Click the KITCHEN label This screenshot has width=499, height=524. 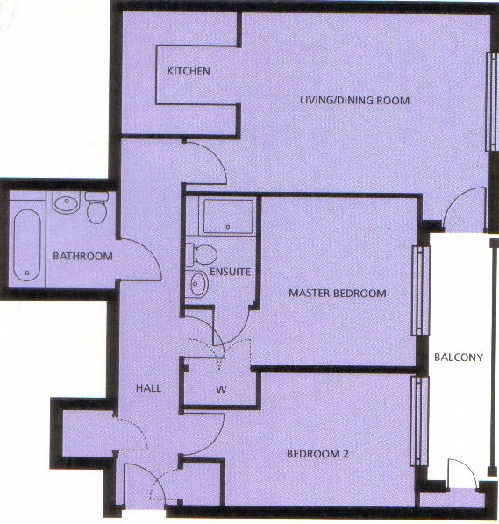click(x=189, y=71)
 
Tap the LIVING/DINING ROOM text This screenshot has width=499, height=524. click(x=354, y=100)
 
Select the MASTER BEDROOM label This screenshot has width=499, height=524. click(x=337, y=294)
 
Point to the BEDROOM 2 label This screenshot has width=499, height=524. click(x=317, y=454)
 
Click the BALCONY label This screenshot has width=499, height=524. click(x=459, y=358)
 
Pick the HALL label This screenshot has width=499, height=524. click(x=148, y=388)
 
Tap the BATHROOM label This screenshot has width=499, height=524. click(x=82, y=257)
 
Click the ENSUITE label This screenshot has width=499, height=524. click(x=230, y=272)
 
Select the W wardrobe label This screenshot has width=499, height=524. click(x=221, y=389)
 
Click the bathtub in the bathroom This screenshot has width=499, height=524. click(x=27, y=245)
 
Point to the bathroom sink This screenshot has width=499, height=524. click(x=67, y=202)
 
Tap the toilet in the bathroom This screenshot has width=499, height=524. click(x=97, y=207)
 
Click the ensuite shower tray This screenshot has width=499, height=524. click(x=228, y=216)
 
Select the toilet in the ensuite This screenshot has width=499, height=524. click(x=202, y=255)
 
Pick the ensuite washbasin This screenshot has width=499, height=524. click(x=197, y=284)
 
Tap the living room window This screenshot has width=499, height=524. click(x=492, y=102)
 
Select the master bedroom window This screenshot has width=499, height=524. click(x=420, y=291)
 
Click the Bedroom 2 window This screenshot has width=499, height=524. click(x=419, y=421)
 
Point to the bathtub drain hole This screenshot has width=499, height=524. click(x=27, y=273)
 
